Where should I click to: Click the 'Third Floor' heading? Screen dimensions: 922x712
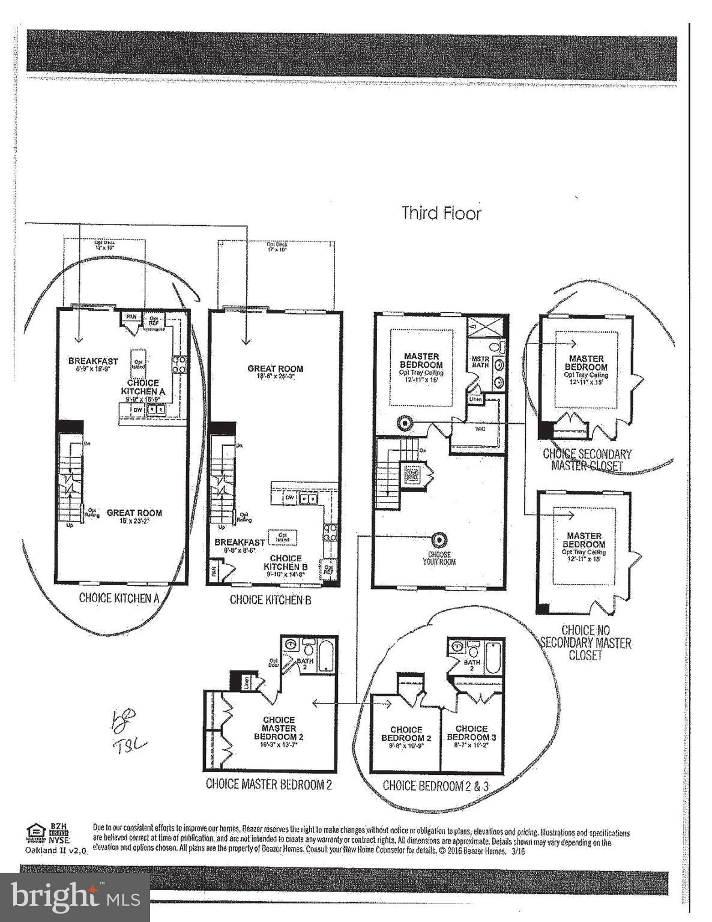click(x=441, y=213)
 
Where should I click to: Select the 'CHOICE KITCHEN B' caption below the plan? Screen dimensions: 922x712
click(x=270, y=600)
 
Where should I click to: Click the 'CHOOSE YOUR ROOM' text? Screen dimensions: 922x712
click(x=439, y=558)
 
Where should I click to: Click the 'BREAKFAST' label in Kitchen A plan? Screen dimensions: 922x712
click(x=93, y=361)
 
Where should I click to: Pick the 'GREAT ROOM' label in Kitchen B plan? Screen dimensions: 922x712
click(x=275, y=369)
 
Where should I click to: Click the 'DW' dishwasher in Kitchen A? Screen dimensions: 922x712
click(x=137, y=409)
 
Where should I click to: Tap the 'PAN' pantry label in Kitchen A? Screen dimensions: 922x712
click(x=130, y=316)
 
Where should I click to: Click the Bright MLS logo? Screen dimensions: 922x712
click(x=75, y=897)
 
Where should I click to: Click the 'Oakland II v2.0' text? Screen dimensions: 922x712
click(x=56, y=851)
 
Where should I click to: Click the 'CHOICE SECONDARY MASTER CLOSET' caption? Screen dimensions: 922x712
click(x=587, y=459)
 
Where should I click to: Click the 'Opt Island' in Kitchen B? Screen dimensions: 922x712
click(x=282, y=537)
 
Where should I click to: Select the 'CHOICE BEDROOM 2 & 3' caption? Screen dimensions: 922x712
click(x=439, y=786)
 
